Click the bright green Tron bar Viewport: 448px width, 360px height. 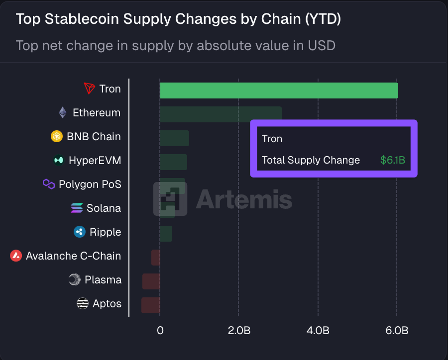pos(279,90)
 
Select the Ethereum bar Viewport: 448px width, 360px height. pos(221,113)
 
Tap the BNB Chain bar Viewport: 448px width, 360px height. pos(174,138)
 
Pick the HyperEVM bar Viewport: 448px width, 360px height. pos(173,162)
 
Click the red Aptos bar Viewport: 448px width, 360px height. pos(151,305)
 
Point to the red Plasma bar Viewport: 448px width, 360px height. pos(151,281)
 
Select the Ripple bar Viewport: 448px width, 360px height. pos(166,233)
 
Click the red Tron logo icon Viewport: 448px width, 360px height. pos(89,89)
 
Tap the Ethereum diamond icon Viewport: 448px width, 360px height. pos(63,112)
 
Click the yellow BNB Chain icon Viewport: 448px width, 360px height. pos(57,136)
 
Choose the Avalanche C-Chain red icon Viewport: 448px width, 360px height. pos(16,256)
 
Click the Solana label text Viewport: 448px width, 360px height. pos(104,208)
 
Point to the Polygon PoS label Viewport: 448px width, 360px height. pos(90,184)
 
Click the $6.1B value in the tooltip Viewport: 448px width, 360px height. pos(392,161)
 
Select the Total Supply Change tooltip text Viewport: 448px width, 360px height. pos(311,161)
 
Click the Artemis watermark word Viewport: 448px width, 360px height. pos(243,200)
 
